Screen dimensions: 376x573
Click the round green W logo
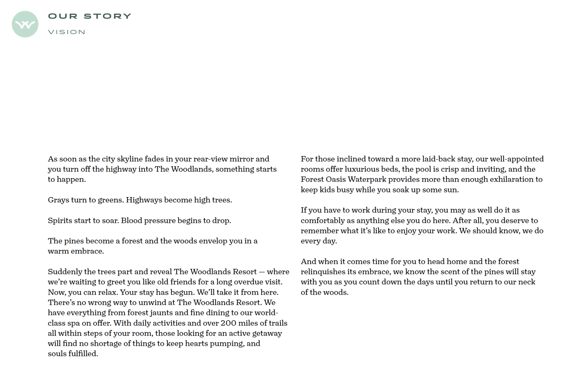point(25,24)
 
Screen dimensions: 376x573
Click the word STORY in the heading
point(107,16)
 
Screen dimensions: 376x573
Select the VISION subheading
point(67,32)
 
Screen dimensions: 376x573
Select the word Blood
point(131,221)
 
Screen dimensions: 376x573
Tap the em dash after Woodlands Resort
point(262,272)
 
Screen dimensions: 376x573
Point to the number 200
point(228,323)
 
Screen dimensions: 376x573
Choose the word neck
point(527,282)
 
